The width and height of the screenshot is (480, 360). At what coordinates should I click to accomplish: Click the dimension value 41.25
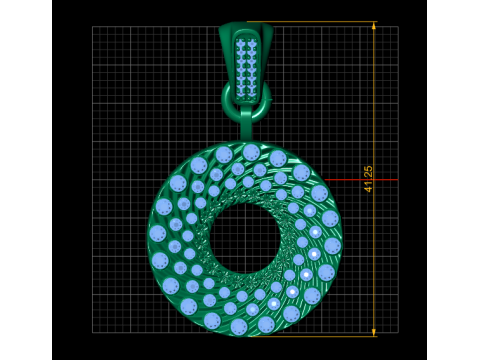click(x=368, y=179)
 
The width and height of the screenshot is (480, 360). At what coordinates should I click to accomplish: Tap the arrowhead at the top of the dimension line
click(x=374, y=26)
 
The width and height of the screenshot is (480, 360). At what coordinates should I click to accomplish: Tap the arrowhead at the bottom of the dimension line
click(x=374, y=331)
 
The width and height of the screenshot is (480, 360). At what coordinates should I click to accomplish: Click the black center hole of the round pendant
click(x=245, y=239)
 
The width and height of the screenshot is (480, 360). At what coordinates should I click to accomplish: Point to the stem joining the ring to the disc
click(x=246, y=125)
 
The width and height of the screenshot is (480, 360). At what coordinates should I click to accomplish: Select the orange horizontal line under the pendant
click(x=320, y=336)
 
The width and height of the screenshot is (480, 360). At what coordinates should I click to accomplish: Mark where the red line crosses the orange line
click(x=374, y=180)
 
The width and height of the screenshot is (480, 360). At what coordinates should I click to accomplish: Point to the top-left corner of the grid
click(x=93, y=27)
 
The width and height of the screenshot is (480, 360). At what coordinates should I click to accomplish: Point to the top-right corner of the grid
click(x=398, y=27)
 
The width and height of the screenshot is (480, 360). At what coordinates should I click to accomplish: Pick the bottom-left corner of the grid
click(x=93, y=332)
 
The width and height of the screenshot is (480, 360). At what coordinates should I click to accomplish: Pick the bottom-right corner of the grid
click(x=398, y=332)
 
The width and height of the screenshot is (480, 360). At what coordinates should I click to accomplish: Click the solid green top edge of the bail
click(x=245, y=27)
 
